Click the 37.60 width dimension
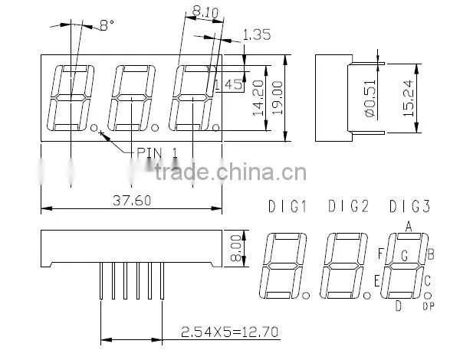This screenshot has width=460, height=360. tap(132, 201)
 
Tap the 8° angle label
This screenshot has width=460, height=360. tap(107, 25)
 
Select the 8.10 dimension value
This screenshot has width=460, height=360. tap(205, 12)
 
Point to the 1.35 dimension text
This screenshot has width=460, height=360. tap(257, 34)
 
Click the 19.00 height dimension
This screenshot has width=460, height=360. tap(278, 97)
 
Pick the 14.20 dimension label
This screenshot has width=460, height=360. tap(258, 98)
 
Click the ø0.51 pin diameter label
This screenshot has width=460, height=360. tap(370, 98)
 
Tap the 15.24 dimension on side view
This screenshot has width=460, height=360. tap(409, 98)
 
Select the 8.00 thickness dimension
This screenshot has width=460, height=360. tap(236, 247)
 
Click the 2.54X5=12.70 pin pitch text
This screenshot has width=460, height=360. tap(230, 332)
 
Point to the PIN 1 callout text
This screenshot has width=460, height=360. tap(157, 152)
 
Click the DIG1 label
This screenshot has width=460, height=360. tap(287, 206)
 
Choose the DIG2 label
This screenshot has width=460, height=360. tap(349, 206)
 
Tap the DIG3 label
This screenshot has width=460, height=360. tap(410, 206)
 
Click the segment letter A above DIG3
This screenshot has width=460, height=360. tap(409, 226)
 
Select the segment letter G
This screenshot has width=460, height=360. tap(405, 255)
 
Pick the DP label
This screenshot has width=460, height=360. tap(429, 306)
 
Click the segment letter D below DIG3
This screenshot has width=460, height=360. tap(398, 306)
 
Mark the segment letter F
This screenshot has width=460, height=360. tap(381, 254)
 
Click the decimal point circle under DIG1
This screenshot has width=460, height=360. tap(306, 295)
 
